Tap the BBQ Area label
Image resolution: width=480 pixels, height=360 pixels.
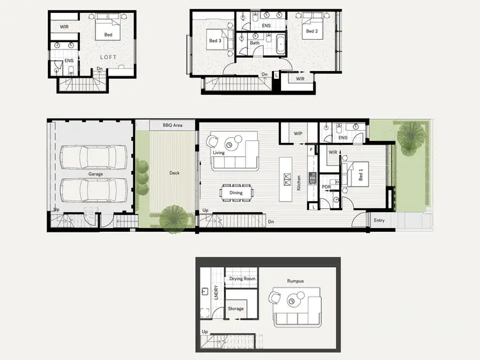point(173,125)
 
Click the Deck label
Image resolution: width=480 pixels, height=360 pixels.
point(174,172)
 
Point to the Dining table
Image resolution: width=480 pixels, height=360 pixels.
point(236,192)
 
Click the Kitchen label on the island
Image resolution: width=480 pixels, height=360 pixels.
point(298,183)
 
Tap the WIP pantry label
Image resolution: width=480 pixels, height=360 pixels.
point(298,134)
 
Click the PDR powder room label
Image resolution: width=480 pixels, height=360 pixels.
point(326,187)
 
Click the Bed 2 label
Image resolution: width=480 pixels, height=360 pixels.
point(312,31)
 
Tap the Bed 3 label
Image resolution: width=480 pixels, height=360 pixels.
point(215,41)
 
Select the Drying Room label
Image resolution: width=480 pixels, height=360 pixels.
point(243,279)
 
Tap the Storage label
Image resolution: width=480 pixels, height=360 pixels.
point(236,309)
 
